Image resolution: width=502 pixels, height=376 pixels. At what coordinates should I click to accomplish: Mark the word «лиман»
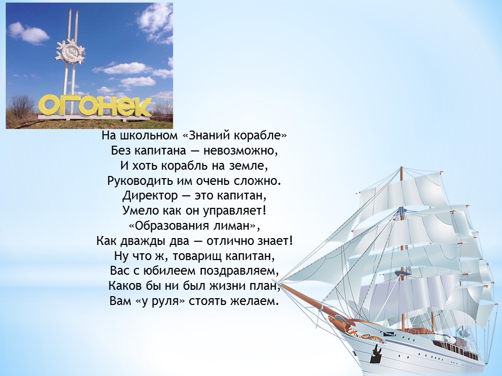[230, 226]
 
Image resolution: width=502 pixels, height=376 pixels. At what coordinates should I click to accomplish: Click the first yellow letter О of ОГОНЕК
[51, 105]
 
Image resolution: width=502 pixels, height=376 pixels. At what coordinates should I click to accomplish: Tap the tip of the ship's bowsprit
[280, 283]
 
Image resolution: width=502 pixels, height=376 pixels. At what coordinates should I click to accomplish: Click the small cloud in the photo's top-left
[28, 33]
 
